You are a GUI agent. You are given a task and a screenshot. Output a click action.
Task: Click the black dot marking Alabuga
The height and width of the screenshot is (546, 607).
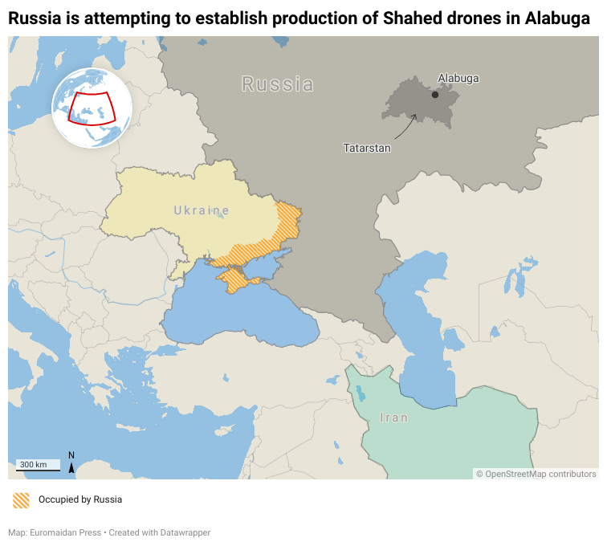pos(435,95)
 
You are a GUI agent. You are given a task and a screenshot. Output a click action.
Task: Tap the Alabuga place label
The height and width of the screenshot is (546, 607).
pos(458,79)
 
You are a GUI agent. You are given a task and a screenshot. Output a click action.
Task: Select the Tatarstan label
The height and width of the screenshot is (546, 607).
pos(367,148)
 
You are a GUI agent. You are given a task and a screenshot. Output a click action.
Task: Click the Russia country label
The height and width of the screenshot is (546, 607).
pos(278,84)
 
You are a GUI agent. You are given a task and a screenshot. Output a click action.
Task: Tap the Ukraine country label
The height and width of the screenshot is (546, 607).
pos(202,210)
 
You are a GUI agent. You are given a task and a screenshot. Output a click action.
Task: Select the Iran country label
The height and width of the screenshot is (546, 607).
pos(394,418)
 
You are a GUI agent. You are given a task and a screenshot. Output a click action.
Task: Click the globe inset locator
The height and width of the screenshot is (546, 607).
pos(92,108)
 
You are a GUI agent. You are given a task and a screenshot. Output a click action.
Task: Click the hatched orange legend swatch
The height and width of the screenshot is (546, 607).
pos(22,499)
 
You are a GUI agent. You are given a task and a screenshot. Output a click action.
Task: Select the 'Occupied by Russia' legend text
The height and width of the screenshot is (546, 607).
pos(80,499)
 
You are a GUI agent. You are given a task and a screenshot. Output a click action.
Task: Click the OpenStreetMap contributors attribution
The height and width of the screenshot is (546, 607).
pos(536,474)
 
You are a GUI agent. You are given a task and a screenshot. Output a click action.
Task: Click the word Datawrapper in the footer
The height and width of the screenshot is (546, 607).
pos(184,532)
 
